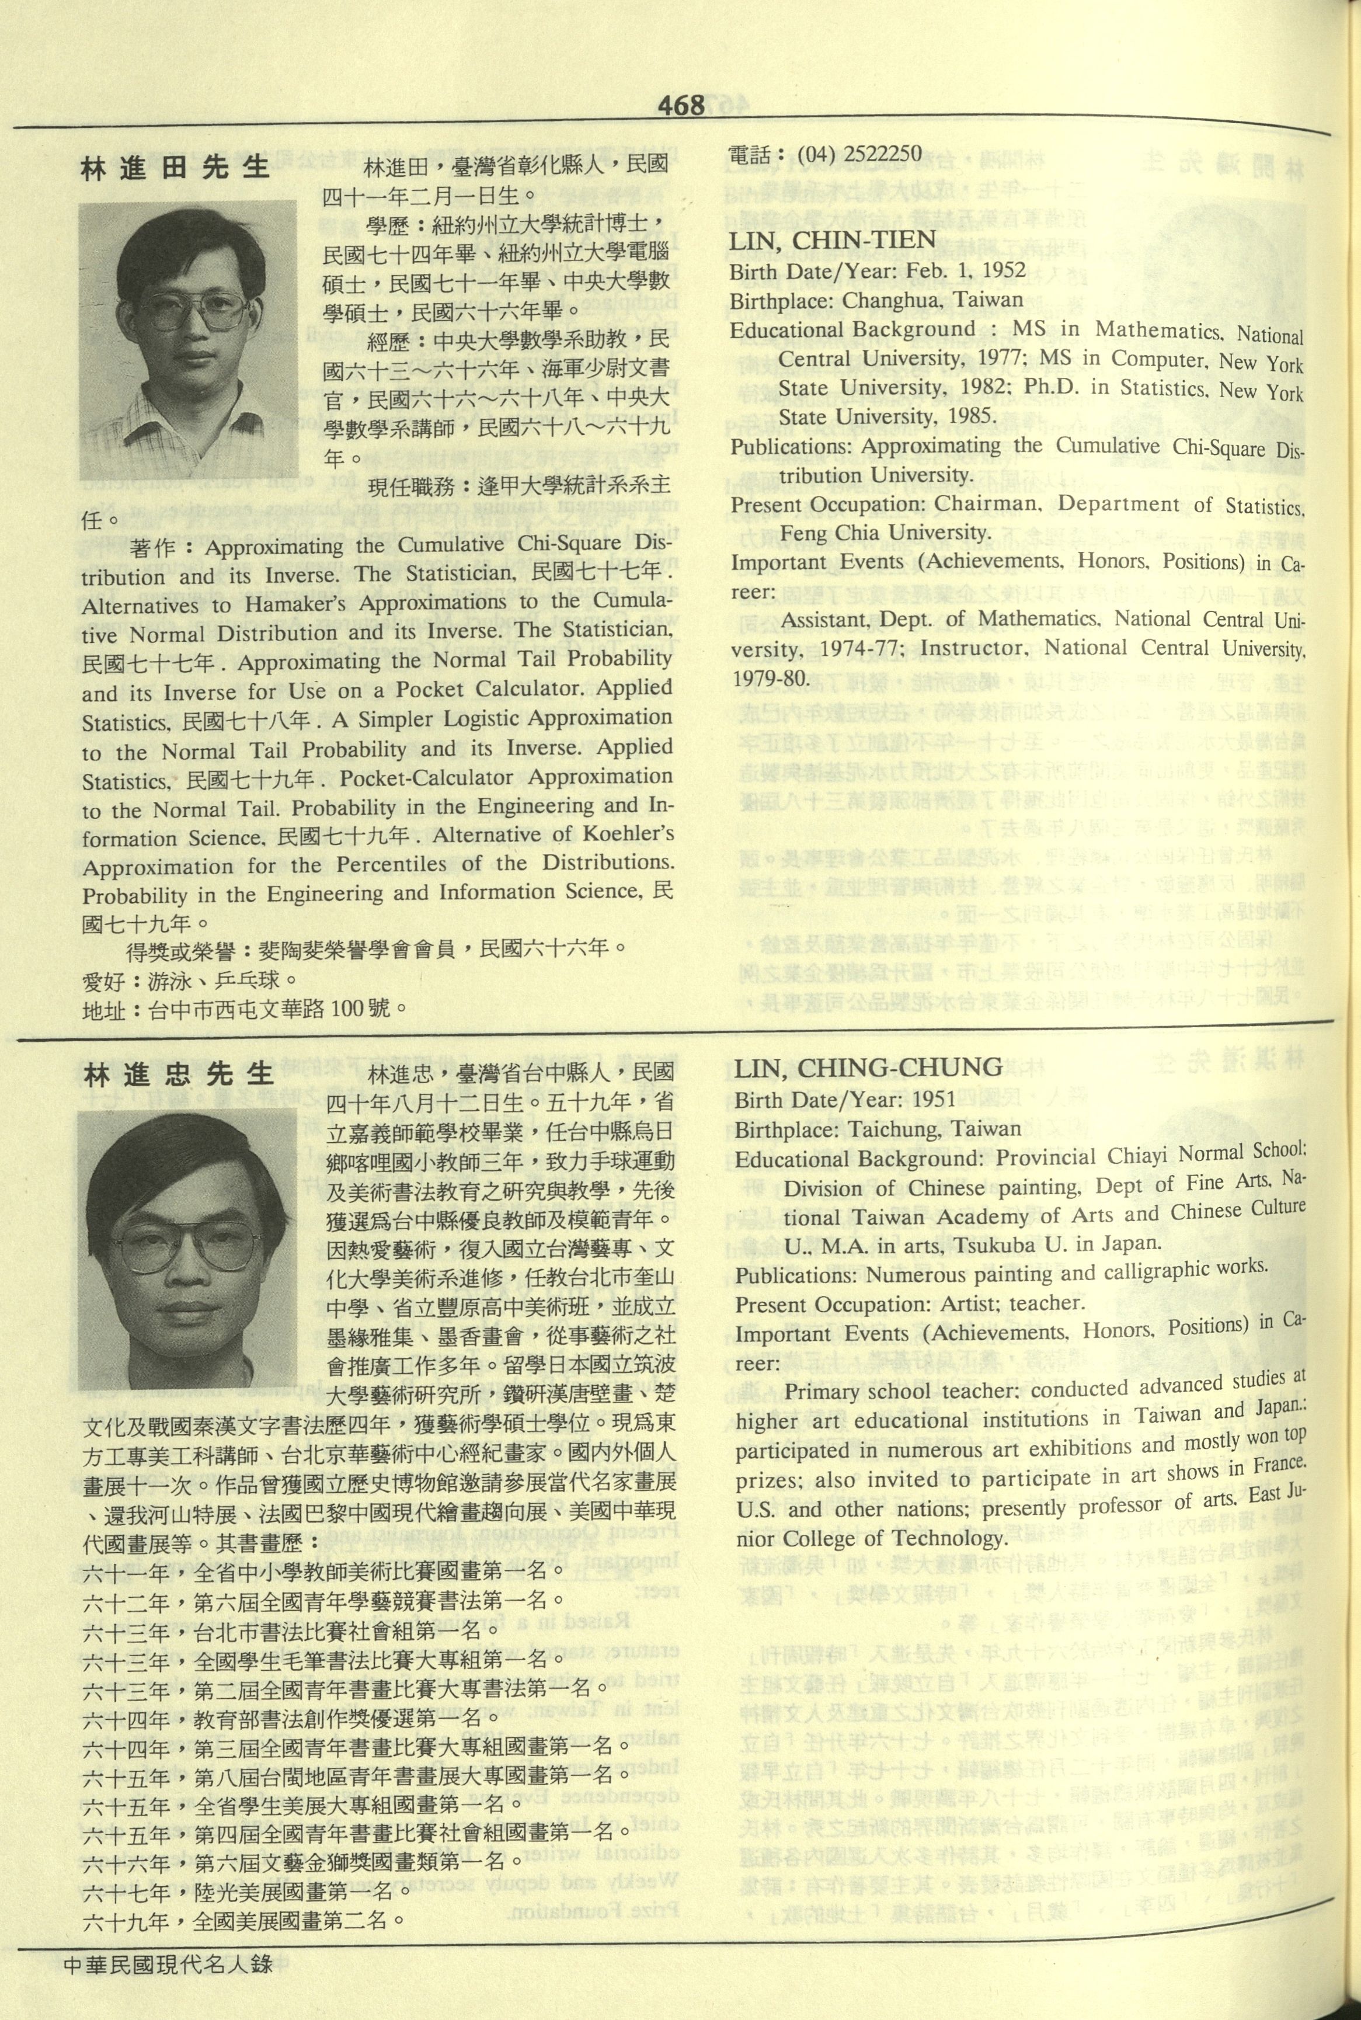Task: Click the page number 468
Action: [x=681, y=106]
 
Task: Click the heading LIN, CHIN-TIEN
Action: [x=831, y=241]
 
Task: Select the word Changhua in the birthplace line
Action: [x=882, y=300]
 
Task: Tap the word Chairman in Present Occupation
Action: [x=987, y=505]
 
